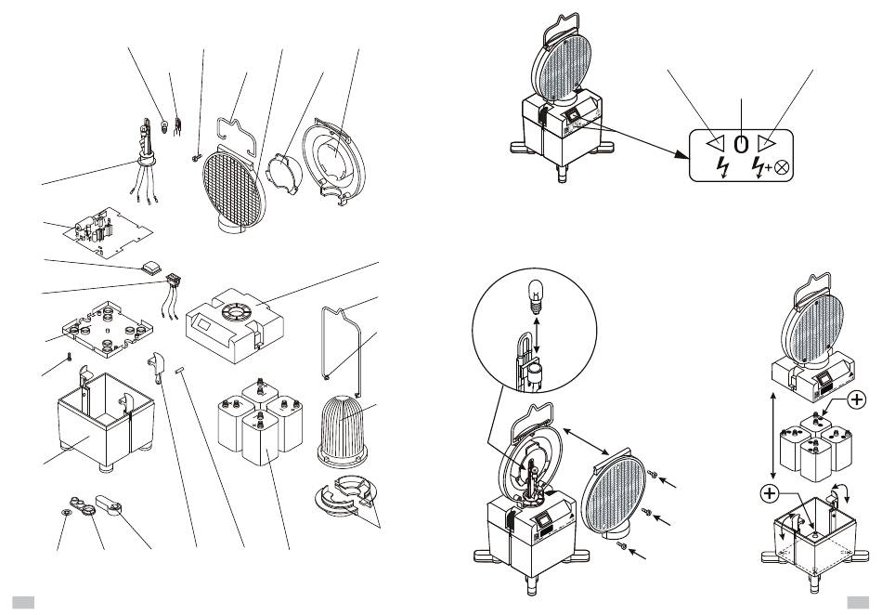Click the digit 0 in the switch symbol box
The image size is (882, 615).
741,144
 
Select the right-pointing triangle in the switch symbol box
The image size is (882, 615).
765,144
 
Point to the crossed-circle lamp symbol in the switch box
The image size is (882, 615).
782,169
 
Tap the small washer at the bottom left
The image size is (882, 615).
65,512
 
